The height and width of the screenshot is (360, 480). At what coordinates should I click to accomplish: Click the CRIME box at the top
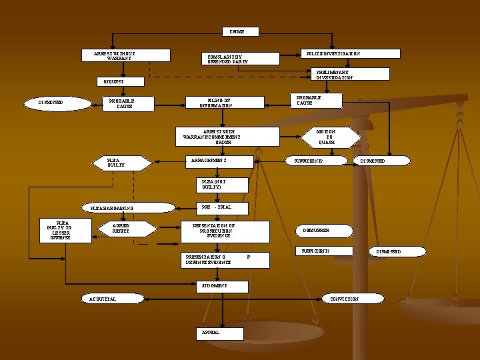click(x=237, y=31)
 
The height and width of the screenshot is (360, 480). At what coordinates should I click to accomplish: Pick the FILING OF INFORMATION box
click(x=215, y=102)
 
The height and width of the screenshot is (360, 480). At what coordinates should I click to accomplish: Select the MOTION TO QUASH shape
click(x=327, y=137)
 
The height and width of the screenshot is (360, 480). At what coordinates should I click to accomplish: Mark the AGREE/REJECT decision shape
click(x=121, y=230)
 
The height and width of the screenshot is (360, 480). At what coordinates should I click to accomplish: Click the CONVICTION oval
click(x=344, y=299)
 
